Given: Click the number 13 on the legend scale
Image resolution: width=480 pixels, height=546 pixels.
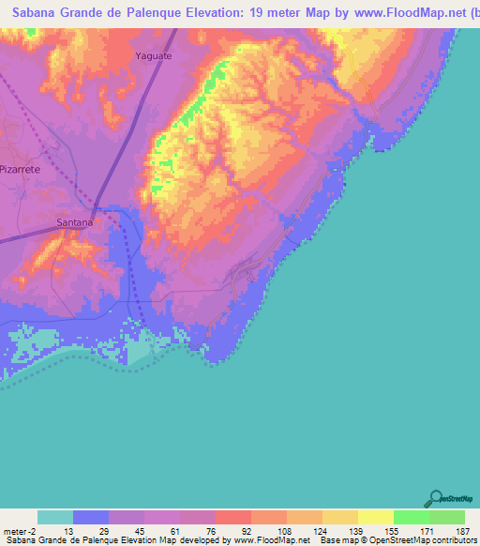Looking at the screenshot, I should pos(69,531).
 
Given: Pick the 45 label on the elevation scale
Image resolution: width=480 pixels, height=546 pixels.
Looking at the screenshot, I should pos(141,531).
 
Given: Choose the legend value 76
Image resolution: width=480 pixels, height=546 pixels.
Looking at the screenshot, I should pos(212,531).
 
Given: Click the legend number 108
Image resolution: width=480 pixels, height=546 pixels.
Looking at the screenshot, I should pos(283,531).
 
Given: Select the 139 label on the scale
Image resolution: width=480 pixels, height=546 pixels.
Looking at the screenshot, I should pos(354,531).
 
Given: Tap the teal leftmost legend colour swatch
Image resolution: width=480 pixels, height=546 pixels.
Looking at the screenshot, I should pos(55,517).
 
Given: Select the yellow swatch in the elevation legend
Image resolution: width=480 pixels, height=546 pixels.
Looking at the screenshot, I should pos(376,517).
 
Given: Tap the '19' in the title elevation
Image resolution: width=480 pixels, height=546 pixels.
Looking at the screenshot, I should pos(254,14).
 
